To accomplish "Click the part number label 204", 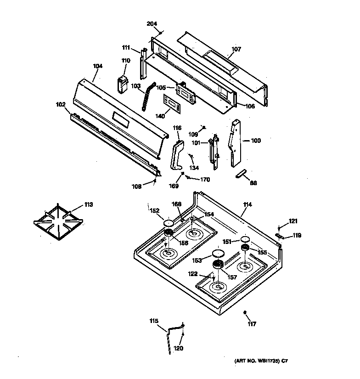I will tap(152, 24).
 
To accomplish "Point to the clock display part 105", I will tap(186, 94).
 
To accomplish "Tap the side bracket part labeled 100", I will tap(235, 144).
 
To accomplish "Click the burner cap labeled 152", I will tap(167, 223).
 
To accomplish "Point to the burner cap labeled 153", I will tap(218, 255).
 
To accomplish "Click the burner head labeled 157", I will tap(218, 265).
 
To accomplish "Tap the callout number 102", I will tap(61, 104).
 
